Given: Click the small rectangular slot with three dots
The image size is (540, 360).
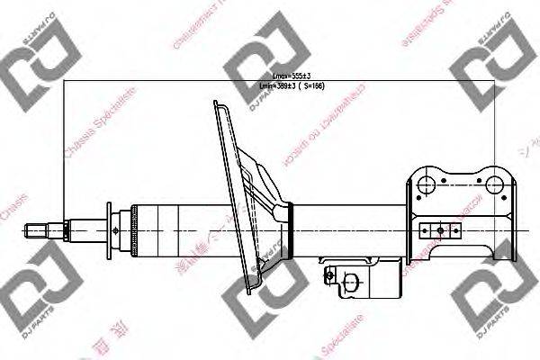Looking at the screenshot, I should (438, 228).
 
